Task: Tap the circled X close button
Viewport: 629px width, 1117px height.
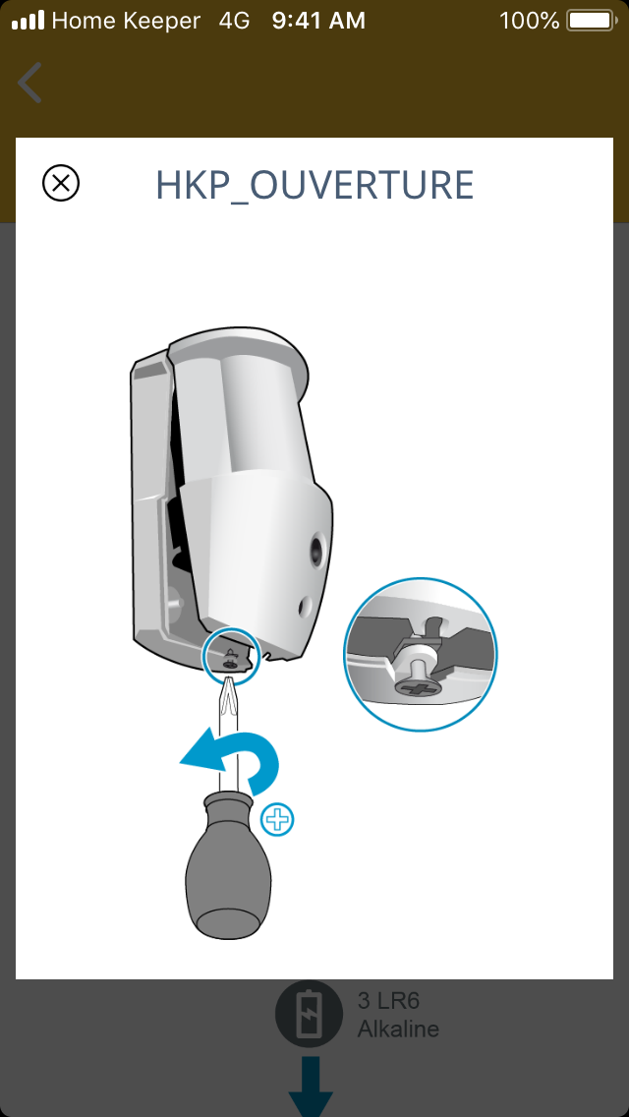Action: pos(61,183)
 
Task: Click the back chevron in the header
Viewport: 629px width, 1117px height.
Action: pos(29,83)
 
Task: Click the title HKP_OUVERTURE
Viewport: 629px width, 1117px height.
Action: pos(314,185)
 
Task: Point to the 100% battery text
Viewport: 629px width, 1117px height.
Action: pos(530,21)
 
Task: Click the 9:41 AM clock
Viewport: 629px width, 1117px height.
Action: pos(318,21)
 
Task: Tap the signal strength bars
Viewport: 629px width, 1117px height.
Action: pos(28,21)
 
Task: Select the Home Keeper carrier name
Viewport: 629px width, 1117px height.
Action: pos(126,22)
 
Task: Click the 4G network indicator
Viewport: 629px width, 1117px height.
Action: pos(234,21)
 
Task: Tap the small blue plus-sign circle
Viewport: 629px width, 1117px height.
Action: pos(277,821)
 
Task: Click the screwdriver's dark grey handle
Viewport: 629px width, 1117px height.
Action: pos(228,866)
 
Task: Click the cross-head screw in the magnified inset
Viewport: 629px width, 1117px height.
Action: pos(417,688)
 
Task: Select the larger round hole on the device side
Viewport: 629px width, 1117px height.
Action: pos(315,550)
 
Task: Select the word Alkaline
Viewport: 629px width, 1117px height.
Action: pos(398,1029)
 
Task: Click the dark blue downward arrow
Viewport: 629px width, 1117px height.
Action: pos(311,1088)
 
